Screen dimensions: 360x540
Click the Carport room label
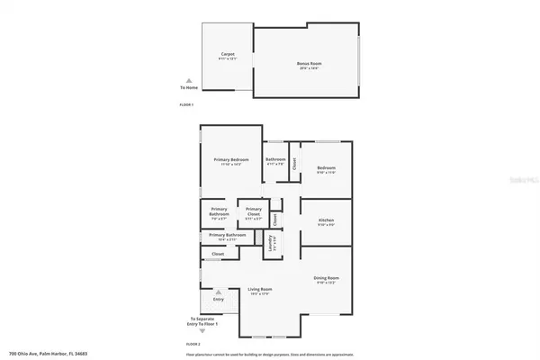tap(228, 57)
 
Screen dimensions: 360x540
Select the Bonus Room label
tap(308, 64)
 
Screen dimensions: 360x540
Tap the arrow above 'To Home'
tap(188, 80)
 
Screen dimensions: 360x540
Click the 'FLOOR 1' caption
tap(186, 105)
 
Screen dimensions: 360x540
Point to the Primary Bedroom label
tap(231, 162)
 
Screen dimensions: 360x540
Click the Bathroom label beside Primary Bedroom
tap(274, 161)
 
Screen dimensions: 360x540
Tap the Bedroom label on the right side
tap(326, 170)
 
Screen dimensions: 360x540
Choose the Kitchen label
tap(326, 222)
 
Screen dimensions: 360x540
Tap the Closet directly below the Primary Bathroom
tap(218, 255)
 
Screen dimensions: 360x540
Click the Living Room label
tap(259, 290)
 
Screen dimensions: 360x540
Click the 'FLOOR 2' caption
tap(193, 345)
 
